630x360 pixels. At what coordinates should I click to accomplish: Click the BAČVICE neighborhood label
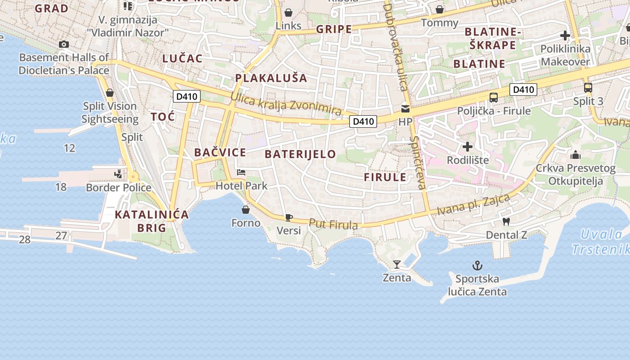220,153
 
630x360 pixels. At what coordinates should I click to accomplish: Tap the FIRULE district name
385,177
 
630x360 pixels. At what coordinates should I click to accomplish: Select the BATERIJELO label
300,154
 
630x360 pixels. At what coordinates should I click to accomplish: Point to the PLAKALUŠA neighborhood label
271,78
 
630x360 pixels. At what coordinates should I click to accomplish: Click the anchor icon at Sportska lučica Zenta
477,265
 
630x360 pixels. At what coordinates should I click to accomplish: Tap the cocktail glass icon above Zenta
396,264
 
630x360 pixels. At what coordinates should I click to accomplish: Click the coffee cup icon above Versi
288,218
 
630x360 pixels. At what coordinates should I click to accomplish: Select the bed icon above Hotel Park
241,172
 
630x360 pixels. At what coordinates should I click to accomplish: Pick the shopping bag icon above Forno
246,210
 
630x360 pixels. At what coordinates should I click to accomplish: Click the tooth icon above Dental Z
506,221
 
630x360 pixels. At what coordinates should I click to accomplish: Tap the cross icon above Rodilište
468,147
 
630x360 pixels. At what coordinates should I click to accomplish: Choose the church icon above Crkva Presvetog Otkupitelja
575,155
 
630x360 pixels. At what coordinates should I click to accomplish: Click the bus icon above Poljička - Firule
494,97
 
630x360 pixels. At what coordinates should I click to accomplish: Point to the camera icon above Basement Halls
64,44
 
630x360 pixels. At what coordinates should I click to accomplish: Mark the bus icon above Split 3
588,88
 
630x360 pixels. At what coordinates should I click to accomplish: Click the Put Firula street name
333,224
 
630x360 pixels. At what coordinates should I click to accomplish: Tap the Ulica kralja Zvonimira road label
286,104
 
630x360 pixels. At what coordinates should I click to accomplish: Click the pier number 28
25,239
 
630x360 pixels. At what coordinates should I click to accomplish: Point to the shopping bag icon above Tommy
440,9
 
